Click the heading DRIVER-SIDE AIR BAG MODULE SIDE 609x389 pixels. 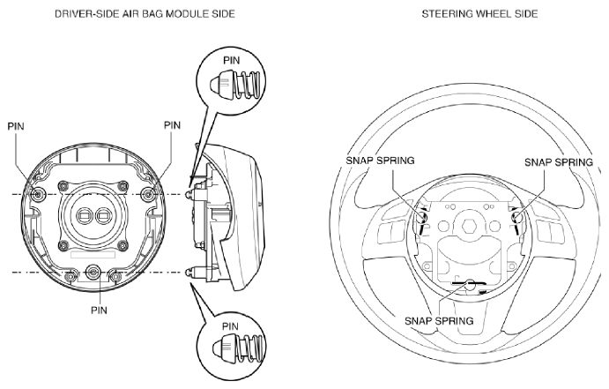pos(145,14)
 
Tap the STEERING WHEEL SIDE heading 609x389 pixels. pos(479,14)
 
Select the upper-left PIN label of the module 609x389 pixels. pos(16,126)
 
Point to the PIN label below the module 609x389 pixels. pos(99,310)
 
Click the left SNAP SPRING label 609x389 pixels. pos(380,161)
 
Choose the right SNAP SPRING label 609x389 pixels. pos(559,162)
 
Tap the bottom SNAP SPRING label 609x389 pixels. pos(439,321)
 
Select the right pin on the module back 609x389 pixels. pos(147,194)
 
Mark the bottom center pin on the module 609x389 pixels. pos(93,272)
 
